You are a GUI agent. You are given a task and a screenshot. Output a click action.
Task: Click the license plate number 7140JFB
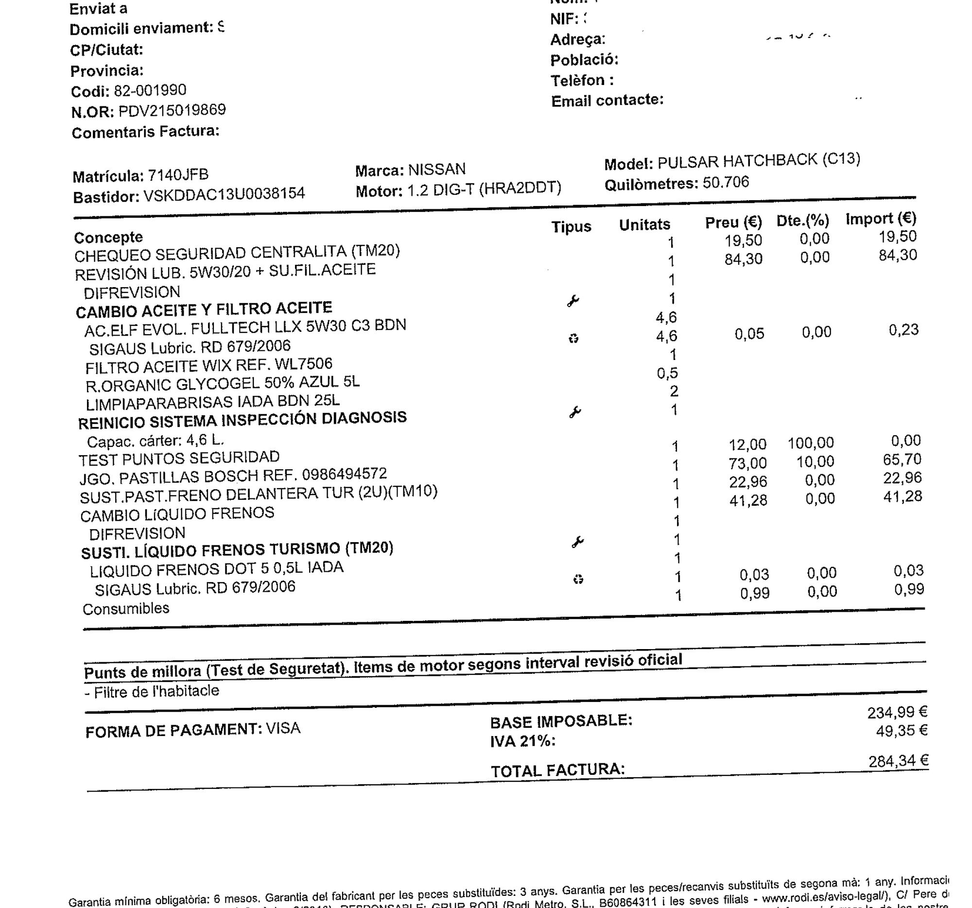pos(178,175)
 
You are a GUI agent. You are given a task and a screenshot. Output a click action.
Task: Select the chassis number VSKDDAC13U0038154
pos(224,194)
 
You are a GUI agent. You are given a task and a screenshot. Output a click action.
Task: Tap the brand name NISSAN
pos(436,170)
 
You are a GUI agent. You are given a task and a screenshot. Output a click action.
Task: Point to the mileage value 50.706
pos(726,183)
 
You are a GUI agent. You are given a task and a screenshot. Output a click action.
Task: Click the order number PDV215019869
pos(172,110)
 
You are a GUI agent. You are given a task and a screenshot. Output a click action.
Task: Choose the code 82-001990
pos(150,90)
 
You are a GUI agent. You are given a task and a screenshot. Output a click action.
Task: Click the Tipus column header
pos(571,227)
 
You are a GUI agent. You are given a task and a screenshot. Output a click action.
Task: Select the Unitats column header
pos(644,225)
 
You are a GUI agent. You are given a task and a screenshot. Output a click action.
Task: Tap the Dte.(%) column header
pos(803,221)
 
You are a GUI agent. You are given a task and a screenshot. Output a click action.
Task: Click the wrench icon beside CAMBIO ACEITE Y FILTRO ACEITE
pos(573,301)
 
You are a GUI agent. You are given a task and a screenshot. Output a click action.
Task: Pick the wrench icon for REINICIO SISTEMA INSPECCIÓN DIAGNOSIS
pos(575,412)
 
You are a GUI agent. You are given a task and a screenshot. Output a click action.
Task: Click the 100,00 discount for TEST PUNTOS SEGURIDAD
pos(811,443)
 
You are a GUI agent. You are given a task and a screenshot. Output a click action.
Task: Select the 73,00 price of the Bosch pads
pos(748,463)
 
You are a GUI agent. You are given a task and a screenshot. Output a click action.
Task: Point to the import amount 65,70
pos(903,460)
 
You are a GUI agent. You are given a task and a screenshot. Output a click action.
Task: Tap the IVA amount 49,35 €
pos(902,731)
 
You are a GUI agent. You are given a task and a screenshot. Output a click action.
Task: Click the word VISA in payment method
pos(283,729)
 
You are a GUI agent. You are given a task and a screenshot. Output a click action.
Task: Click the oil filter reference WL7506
pos(304,364)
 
